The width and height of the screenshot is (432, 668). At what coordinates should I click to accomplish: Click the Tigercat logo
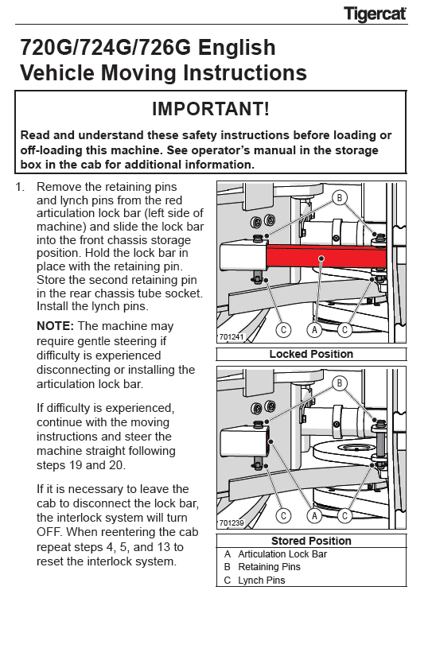(x=375, y=14)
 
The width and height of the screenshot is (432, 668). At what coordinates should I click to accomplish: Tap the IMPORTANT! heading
(x=211, y=109)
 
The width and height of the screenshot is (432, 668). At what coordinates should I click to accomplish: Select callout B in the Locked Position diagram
(x=340, y=198)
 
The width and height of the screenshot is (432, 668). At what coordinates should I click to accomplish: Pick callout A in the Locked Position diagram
(x=314, y=330)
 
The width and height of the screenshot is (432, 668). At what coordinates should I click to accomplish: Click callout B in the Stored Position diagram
(x=340, y=383)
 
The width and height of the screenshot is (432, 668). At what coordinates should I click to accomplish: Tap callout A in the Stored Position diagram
(x=314, y=516)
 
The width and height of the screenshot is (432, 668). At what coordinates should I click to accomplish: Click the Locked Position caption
(x=311, y=354)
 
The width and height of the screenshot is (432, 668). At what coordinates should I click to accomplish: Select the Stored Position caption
(x=311, y=541)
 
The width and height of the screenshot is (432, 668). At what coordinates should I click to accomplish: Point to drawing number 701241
(x=232, y=337)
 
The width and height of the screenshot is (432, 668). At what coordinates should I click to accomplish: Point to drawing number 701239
(x=232, y=522)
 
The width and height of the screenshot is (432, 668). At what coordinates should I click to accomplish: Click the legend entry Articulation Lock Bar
(x=282, y=554)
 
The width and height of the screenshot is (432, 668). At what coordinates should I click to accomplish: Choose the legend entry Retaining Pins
(x=269, y=567)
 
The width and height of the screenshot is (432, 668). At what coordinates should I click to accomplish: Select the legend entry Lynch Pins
(x=262, y=581)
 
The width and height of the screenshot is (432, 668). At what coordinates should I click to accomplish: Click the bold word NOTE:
(x=56, y=326)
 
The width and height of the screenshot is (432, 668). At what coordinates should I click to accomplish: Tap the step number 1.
(x=20, y=187)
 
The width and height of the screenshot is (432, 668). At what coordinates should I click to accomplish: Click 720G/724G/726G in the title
(x=106, y=47)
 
